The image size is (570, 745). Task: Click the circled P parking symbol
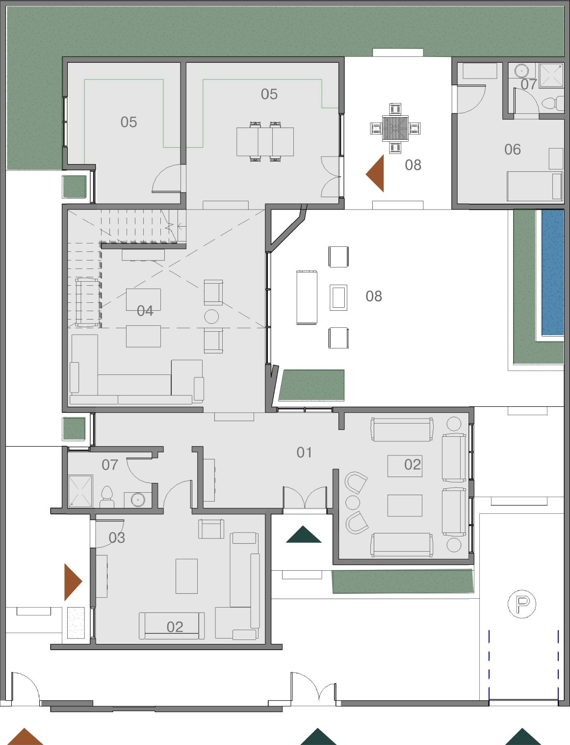click(522, 604)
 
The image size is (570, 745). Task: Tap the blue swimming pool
click(552, 272)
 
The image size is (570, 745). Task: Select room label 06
click(513, 150)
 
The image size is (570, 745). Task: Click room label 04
click(145, 311)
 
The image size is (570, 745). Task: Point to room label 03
click(117, 538)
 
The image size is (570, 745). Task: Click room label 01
click(305, 452)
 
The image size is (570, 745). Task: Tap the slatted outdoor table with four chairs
click(395, 129)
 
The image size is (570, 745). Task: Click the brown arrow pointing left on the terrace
click(375, 173)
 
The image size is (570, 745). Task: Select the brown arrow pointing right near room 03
click(73, 582)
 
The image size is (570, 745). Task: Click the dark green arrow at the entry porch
click(304, 534)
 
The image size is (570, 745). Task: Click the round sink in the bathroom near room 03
click(138, 500)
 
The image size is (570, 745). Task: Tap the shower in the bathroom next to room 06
click(551, 76)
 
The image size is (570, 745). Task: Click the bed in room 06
click(535, 186)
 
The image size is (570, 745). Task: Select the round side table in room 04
click(211, 317)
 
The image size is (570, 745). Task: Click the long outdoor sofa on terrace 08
click(307, 297)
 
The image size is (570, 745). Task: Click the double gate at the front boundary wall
click(313, 687)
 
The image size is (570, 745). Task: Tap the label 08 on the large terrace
click(374, 296)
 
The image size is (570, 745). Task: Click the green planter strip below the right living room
click(403, 581)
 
